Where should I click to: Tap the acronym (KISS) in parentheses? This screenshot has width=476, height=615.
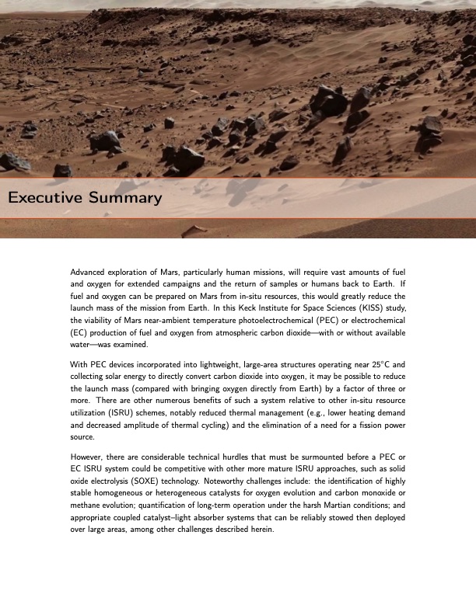coord(369,307)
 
